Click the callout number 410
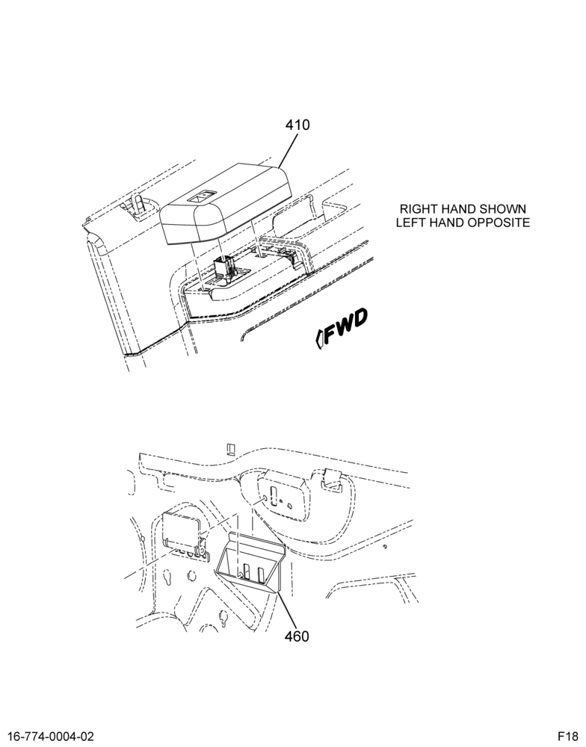coord(297,125)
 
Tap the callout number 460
coord(297,636)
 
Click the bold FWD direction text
coord(346,326)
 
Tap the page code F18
coord(568,737)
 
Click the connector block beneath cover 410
coord(223,266)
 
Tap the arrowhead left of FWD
coord(319,338)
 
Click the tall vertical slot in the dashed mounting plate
coord(274,497)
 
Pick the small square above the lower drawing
coord(230,449)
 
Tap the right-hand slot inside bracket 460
coord(260,574)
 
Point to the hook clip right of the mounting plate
coord(332,480)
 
